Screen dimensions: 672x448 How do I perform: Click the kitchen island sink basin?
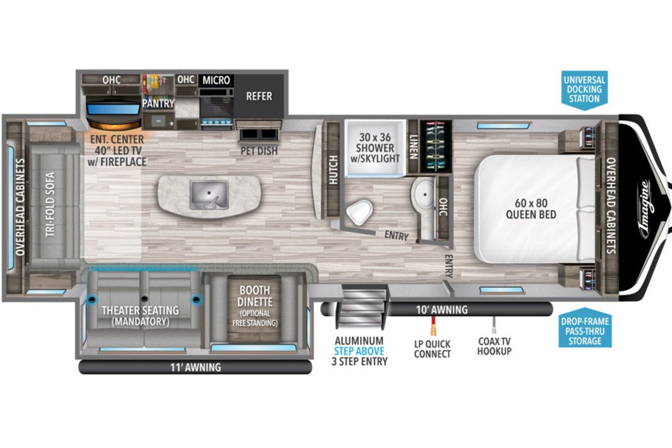coord(209,194)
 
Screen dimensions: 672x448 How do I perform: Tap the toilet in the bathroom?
coord(360,212)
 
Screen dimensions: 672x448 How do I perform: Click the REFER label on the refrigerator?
coord(259,96)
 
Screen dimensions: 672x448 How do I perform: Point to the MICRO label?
coord(216,80)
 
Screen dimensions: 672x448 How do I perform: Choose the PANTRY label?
coord(158,103)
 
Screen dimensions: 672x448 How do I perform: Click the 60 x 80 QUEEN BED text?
coord(531,209)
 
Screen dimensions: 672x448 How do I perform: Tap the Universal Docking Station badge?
coord(585,90)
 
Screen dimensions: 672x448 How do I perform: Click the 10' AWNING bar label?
coord(442,310)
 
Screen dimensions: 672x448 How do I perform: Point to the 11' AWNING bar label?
coord(195,367)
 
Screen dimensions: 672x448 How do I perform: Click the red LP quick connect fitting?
coord(433,326)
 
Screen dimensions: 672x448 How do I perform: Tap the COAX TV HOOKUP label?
coord(494,346)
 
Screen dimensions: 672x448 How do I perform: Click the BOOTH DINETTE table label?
coord(255,296)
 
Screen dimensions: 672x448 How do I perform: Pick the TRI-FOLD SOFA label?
coord(50,204)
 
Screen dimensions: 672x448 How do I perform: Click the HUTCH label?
coord(333,170)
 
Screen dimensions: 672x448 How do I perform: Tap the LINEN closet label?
coord(413,147)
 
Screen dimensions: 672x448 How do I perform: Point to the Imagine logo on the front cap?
coord(645,209)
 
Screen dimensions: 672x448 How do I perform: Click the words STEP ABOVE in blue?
coord(359,351)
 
